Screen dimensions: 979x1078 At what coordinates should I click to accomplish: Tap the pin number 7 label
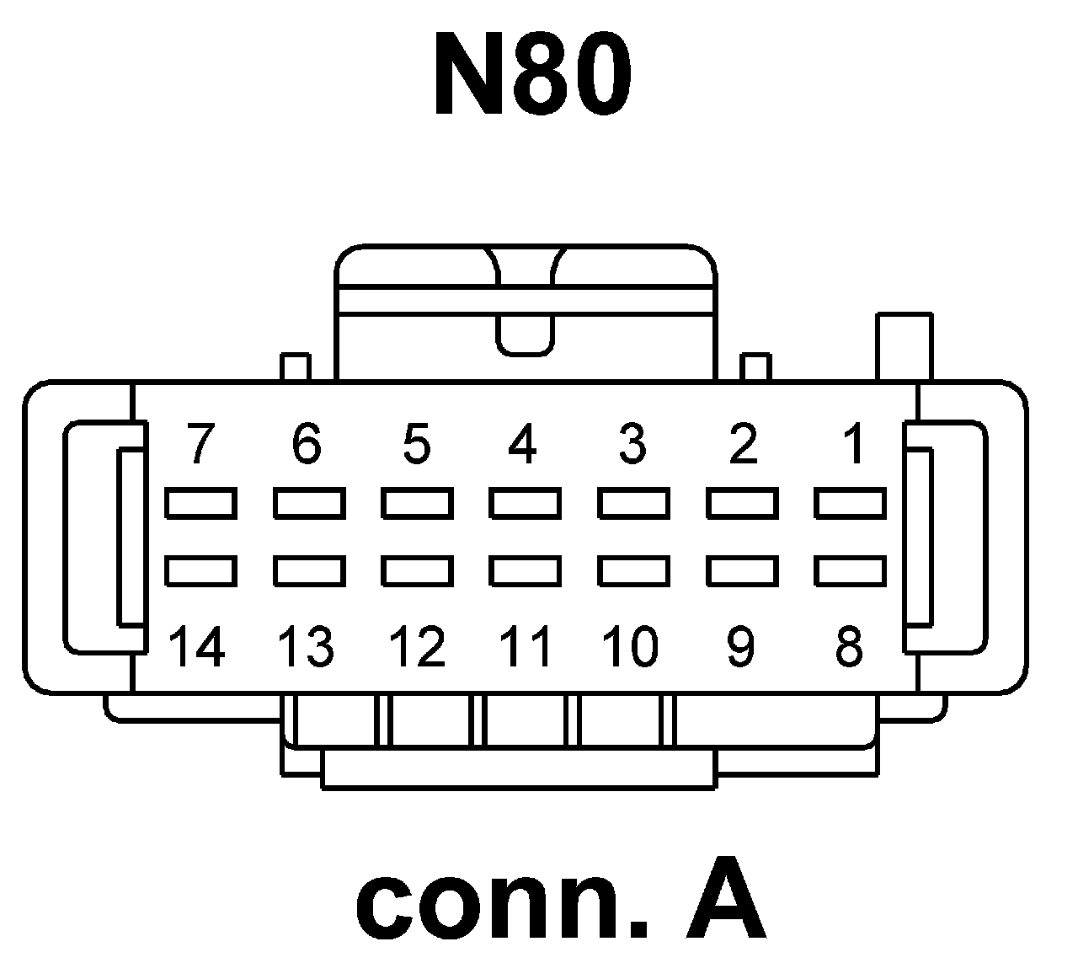[199, 443]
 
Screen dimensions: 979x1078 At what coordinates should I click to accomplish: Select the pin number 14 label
[198, 647]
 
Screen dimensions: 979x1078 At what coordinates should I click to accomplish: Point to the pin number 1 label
[853, 443]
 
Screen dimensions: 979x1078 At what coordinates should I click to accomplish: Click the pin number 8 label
[849, 647]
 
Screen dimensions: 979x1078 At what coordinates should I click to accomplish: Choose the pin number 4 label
[523, 443]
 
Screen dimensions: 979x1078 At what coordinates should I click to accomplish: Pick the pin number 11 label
[525, 647]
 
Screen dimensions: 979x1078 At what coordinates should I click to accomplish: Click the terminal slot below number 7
[200, 504]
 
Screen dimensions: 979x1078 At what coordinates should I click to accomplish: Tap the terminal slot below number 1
[851, 504]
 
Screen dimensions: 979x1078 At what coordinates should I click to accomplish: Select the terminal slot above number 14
[200, 570]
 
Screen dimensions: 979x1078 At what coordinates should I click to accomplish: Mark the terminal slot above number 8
[851, 570]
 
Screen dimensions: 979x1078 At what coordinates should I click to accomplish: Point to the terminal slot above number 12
[417, 570]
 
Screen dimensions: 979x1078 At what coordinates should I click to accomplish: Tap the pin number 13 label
[307, 647]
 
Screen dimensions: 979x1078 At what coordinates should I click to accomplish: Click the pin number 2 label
[743, 443]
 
